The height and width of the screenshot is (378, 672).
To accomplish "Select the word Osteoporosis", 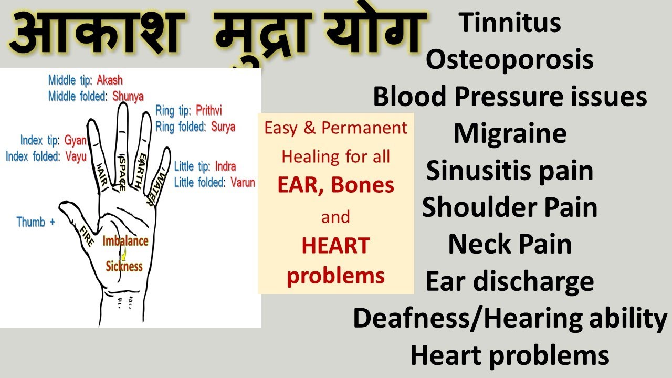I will [x=509, y=60].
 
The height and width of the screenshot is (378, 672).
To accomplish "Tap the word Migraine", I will [x=510, y=134].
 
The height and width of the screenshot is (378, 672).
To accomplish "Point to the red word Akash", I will [x=110, y=80].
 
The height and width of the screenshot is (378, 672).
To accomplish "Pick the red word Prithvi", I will [x=209, y=111].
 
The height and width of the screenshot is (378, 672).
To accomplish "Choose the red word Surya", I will [x=223, y=127].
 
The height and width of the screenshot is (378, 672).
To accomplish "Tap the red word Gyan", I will [x=75, y=141].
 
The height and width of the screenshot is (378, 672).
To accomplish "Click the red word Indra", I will [x=225, y=167].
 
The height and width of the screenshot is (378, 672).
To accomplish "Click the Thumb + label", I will [x=36, y=222].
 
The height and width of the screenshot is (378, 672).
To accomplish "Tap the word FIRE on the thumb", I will [x=87, y=236].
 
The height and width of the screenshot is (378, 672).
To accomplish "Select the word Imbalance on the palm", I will [x=125, y=241].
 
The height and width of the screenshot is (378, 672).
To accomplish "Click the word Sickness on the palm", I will [x=124, y=266].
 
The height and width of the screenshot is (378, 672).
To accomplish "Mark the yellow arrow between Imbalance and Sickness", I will [x=124, y=255].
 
